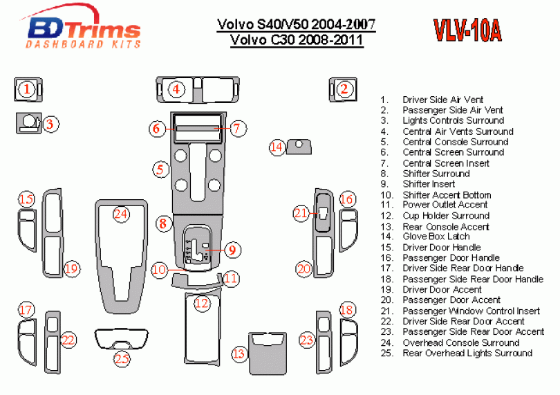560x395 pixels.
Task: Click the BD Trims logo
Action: (x=82, y=28)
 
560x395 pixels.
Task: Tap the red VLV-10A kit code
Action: (x=467, y=30)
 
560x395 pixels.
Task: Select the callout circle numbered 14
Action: (x=277, y=147)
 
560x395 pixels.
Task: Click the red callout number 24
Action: (x=121, y=214)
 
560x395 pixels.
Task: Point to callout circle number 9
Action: (x=232, y=250)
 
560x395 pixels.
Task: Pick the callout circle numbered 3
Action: (x=50, y=124)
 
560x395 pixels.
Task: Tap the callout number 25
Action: (x=122, y=358)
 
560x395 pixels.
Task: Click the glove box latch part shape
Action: (x=299, y=147)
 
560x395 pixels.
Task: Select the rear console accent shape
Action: (x=268, y=353)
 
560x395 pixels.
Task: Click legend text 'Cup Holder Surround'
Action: (x=446, y=216)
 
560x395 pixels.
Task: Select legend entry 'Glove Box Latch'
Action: (x=436, y=237)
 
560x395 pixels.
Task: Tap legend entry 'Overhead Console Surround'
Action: (x=461, y=342)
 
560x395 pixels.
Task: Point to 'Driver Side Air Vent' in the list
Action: (x=443, y=100)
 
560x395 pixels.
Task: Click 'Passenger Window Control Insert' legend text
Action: (x=472, y=311)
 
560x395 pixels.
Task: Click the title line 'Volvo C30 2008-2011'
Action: (x=297, y=39)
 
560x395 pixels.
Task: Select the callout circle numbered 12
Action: (x=201, y=303)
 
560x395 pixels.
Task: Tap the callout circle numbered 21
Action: (x=301, y=213)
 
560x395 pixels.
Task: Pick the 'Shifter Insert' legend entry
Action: (x=429, y=184)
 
